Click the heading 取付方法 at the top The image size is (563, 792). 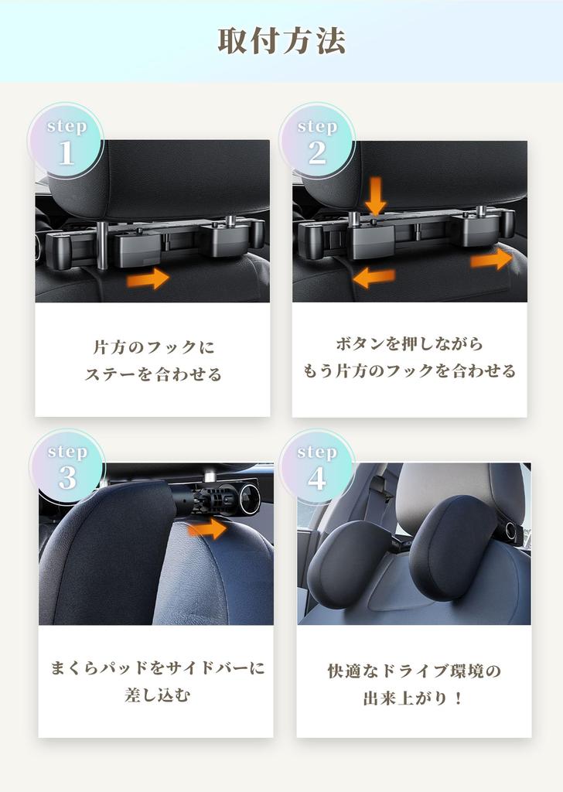[281, 41]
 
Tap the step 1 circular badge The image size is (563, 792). [67, 142]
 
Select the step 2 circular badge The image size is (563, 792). [317, 142]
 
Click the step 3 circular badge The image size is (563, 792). [67, 468]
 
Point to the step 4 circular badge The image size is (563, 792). [317, 468]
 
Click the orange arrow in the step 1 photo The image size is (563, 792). [148, 277]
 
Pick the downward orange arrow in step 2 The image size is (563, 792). [376, 196]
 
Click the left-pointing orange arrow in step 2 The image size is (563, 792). [374, 276]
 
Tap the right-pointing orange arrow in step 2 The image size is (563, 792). [491, 259]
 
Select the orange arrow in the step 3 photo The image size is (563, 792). [207, 528]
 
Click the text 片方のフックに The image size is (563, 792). [152, 346]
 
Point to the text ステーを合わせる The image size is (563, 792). [152, 375]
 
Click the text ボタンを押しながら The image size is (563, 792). [409, 343]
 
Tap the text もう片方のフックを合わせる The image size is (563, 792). [409, 371]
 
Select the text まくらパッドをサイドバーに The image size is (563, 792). [157, 667]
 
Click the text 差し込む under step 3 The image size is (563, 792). [157, 695]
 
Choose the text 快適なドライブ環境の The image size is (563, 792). [414, 671]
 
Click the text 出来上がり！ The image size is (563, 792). [414, 698]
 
